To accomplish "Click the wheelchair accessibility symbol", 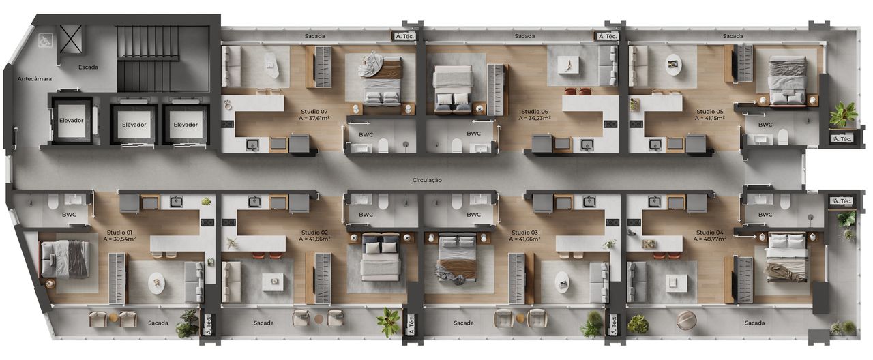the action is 46,40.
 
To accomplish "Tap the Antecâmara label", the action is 35,78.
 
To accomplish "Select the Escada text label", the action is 88,67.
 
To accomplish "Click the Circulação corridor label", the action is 427,180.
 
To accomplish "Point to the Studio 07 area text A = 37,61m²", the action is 314,118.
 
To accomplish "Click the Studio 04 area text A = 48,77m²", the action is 710,239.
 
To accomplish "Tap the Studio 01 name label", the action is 119,232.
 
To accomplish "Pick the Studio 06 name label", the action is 535,111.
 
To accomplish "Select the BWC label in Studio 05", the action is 765,125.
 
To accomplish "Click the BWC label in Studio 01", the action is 69,215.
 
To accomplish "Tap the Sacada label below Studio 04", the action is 754,322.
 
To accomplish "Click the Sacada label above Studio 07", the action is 314,36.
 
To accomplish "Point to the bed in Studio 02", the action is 381,256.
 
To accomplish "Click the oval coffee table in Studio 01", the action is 156,283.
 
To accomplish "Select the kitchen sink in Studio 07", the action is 252,145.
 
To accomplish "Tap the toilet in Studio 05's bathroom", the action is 783,137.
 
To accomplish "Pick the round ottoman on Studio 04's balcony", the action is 686,320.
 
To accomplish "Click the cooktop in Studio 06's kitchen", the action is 610,124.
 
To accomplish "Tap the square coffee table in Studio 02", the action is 273,280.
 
